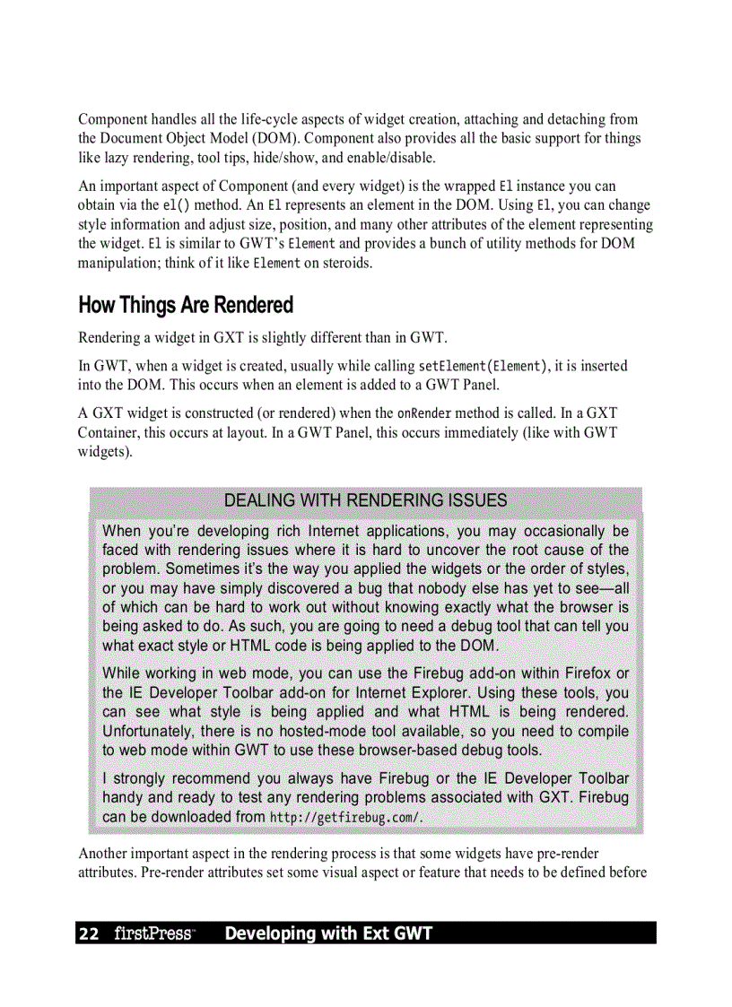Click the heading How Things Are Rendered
[x=186, y=306]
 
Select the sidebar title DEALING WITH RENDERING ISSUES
[x=365, y=500]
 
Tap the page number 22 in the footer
[x=89, y=933]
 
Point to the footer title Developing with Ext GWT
[x=328, y=933]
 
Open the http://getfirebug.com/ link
[x=345, y=817]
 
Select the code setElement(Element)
[x=483, y=366]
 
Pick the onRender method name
[x=424, y=413]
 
